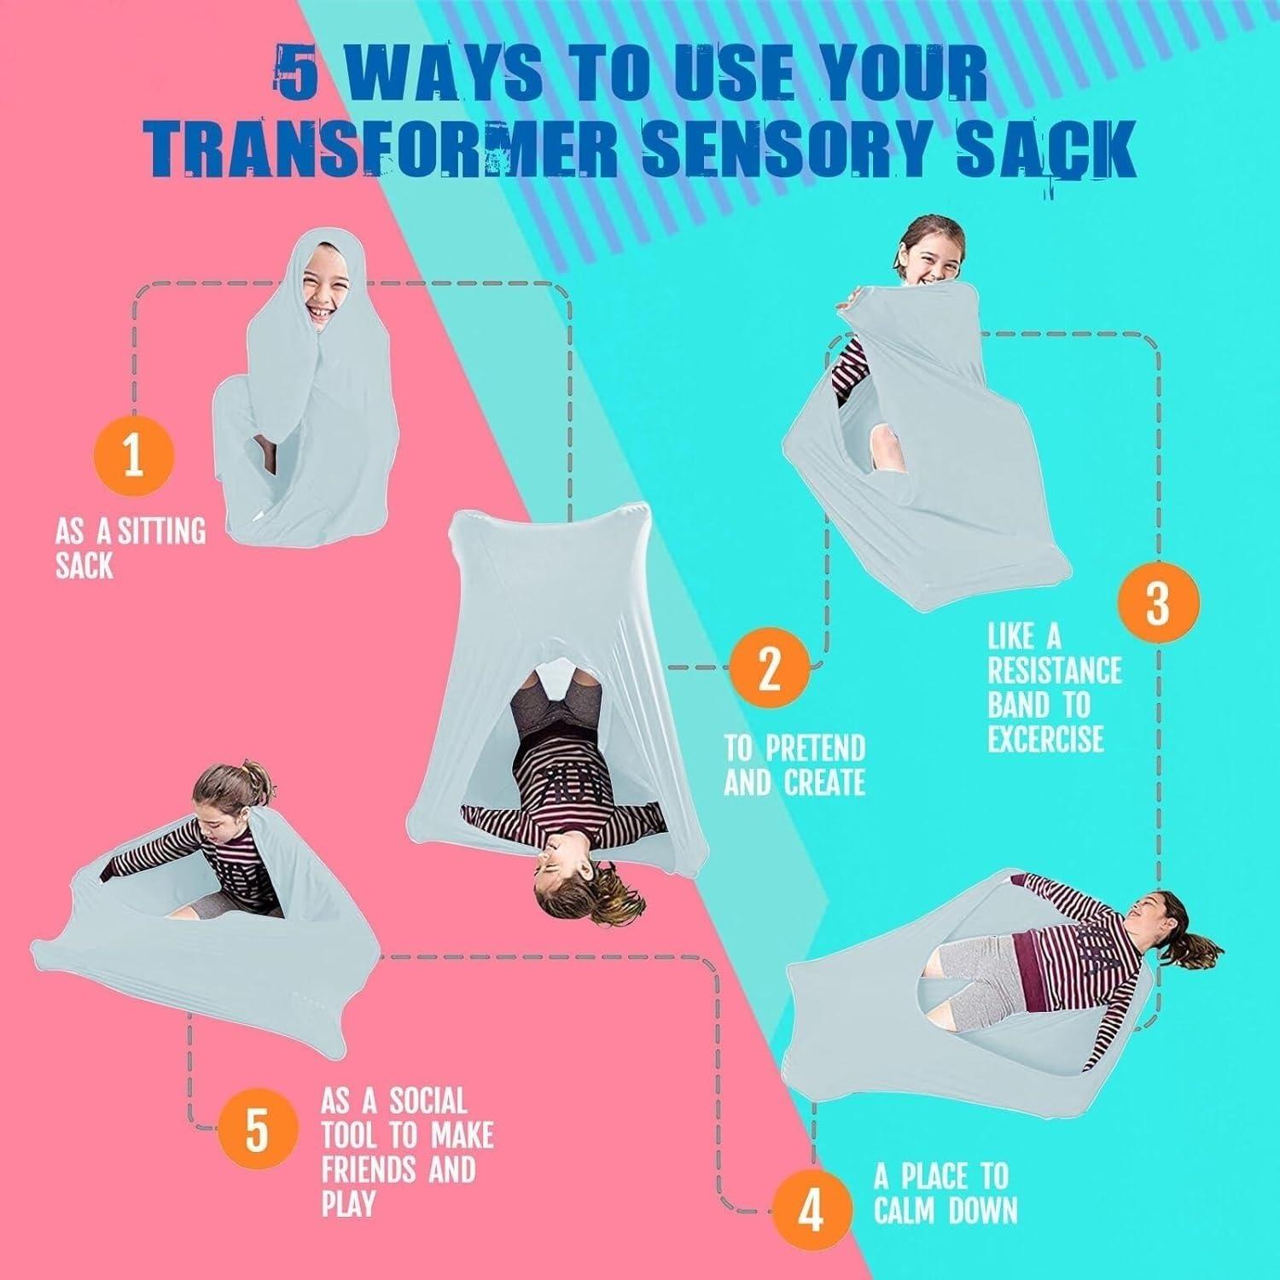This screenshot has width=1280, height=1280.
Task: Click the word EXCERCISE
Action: [x=1046, y=739]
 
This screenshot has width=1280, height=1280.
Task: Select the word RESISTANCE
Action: [x=1055, y=671]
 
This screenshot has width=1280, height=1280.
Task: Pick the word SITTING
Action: [x=162, y=532]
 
